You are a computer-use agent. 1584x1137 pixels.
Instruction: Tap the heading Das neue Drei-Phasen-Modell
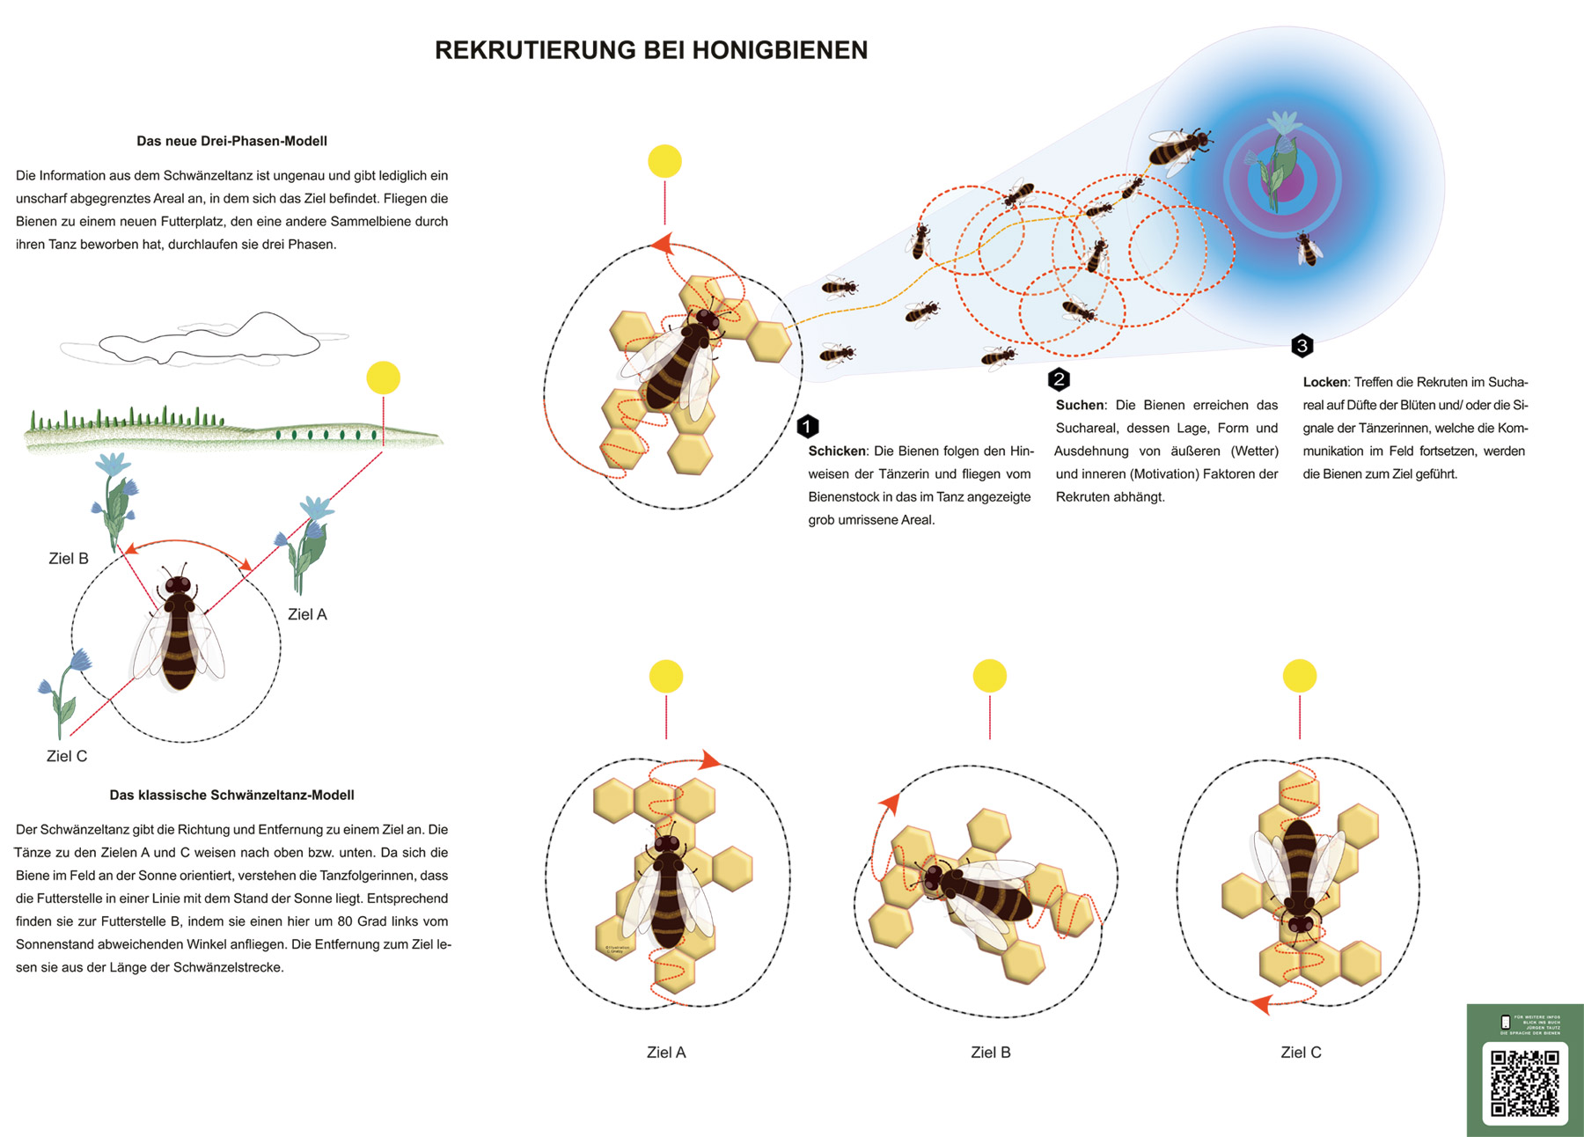[x=231, y=141]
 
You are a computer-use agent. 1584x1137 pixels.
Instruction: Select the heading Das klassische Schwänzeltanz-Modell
[x=231, y=795]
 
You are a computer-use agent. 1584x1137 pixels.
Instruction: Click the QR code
[x=1525, y=1082]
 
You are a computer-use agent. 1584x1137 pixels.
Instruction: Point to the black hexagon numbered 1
[x=808, y=427]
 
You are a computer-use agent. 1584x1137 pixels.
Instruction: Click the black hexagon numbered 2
[x=1059, y=379]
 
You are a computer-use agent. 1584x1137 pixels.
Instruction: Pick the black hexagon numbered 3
[x=1302, y=346]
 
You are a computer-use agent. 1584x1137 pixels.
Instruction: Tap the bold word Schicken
[x=837, y=451]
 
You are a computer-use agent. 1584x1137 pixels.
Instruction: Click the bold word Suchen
[x=1080, y=406]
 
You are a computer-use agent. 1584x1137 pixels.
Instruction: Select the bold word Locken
[x=1324, y=383]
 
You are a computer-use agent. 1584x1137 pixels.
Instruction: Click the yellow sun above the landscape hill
[x=383, y=378]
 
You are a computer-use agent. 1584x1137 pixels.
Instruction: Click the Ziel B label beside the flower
[x=69, y=559]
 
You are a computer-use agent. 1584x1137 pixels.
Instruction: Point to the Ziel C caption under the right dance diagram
[x=1301, y=1053]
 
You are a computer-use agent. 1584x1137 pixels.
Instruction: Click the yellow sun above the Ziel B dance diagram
[x=990, y=676]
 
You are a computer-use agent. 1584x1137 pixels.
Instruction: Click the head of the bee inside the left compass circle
[x=179, y=584]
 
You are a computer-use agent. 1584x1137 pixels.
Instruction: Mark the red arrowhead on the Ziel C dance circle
[x=1261, y=1003]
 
